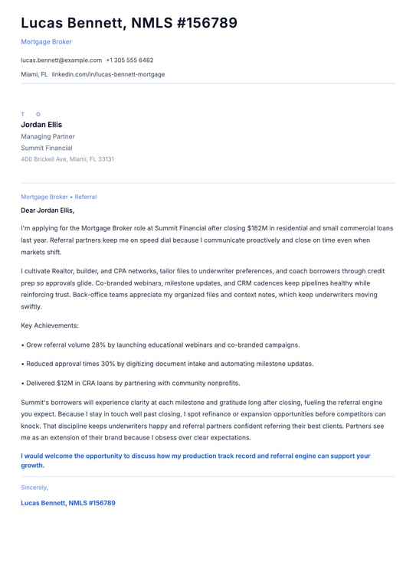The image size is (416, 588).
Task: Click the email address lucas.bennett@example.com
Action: click(x=61, y=60)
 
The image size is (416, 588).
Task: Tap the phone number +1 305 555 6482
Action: click(x=129, y=60)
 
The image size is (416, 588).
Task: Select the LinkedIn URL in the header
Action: click(x=108, y=74)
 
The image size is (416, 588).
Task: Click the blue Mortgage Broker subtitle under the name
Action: click(x=46, y=41)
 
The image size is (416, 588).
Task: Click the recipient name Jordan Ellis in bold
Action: click(x=41, y=125)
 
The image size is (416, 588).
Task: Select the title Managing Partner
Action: click(x=47, y=136)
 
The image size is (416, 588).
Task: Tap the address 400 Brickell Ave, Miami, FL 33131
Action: click(x=67, y=159)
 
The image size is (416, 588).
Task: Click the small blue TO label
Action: click(x=31, y=114)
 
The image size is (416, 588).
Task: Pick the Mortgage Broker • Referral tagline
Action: click(x=58, y=197)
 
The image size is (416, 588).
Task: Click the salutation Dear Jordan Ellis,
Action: click(x=47, y=210)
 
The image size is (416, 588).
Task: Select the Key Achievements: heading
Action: click(x=50, y=325)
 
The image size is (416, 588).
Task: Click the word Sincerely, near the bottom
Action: click(x=34, y=487)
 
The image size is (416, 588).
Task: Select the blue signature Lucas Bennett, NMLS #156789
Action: click(x=68, y=503)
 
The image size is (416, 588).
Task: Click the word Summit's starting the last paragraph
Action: click(x=35, y=402)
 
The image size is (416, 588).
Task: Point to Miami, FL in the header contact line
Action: click(x=34, y=74)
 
